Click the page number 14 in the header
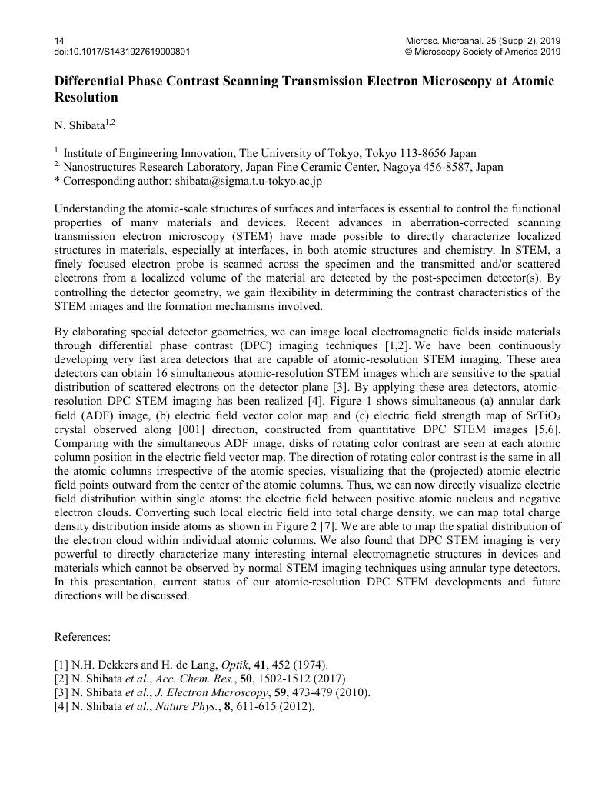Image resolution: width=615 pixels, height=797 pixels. coord(59,40)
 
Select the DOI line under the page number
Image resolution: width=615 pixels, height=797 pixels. coord(122,52)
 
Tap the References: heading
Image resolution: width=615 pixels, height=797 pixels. coord(83,637)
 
